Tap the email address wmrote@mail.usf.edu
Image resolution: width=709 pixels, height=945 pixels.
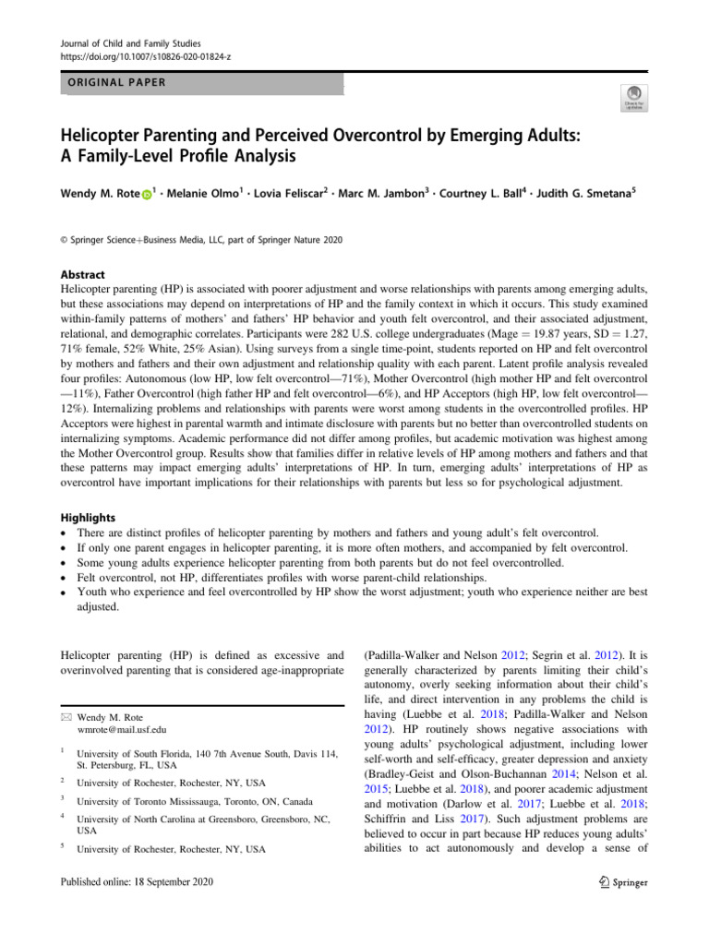[x=121, y=729]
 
